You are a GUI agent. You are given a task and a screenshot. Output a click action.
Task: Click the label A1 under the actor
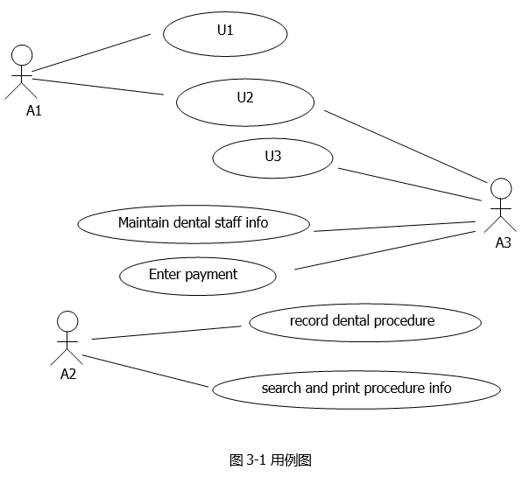pyautogui.click(x=34, y=110)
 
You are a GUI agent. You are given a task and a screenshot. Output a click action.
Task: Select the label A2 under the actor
pyautogui.click(x=68, y=375)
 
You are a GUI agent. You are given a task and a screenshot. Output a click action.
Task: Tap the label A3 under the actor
pyautogui.click(x=503, y=242)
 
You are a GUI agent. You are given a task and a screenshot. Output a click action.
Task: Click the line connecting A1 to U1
pyautogui.click(x=91, y=53)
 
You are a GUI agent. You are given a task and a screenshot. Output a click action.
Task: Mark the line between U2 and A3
pyautogui.click(x=406, y=147)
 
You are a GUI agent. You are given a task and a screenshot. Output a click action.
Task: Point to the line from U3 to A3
pyautogui.click(x=410, y=185)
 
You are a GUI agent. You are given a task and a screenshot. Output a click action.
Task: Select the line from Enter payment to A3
pyautogui.click(x=385, y=250)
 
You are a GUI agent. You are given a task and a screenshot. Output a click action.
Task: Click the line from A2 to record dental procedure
pyautogui.click(x=166, y=333)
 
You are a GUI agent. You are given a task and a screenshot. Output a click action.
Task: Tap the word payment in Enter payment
pyautogui.click(x=211, y=275)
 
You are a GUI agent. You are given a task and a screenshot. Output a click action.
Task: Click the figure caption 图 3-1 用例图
pyautogui.click(x=271, y=460)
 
